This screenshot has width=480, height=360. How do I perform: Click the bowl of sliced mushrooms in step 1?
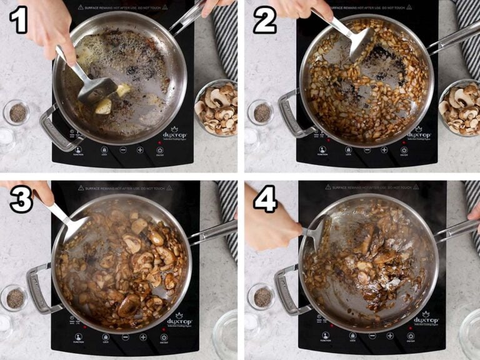point(216,107)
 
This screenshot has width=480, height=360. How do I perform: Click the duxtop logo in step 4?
point(425,320)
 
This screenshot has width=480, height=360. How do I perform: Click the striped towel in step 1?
point(225,37)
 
